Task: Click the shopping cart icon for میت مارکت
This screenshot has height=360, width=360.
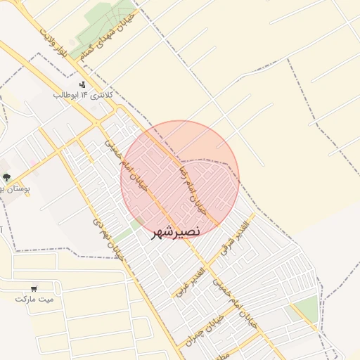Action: click(x=34, y=288)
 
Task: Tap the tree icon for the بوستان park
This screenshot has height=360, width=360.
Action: click(x=6, y=178)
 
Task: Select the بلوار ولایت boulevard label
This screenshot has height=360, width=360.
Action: click(x=56, y=46)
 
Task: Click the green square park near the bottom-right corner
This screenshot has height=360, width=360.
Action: click(x=305, y=308)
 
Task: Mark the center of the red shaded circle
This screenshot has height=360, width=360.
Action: click(x=180, y=180)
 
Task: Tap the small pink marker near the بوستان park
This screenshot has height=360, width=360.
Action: click(x=32, y=165)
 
